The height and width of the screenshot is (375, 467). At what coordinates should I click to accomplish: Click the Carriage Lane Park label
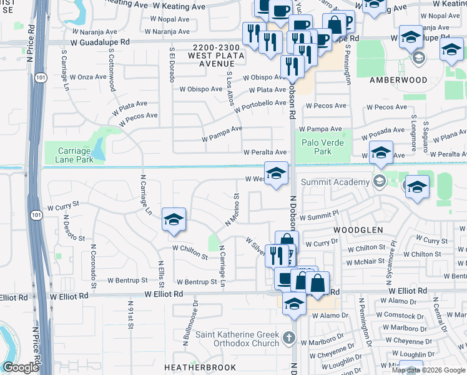(x=76, y=155)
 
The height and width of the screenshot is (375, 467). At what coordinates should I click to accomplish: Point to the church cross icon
(x=288, y=338)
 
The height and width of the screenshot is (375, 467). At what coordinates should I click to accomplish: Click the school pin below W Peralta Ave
(x=275, y=174)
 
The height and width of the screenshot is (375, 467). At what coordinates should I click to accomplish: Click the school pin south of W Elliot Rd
(x=294, y=304)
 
